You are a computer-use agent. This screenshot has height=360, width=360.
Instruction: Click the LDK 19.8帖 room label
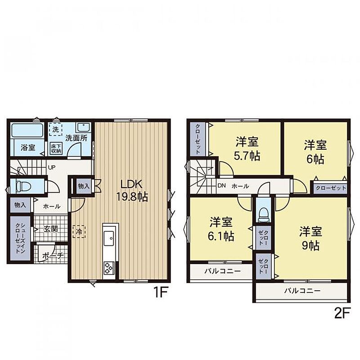point(132,190)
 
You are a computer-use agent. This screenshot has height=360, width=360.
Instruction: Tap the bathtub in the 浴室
point(27,130)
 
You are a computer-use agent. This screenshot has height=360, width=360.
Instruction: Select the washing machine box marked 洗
point(55,129)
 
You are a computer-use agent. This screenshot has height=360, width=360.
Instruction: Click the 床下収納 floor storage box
point(56,148)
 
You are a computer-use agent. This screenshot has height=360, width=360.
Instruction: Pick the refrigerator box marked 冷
point(79,231)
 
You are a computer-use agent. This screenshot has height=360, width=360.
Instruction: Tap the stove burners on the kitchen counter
point(109,268)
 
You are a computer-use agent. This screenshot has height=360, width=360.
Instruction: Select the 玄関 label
point(51,229)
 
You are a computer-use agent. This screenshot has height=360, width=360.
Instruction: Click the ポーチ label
point(53,256)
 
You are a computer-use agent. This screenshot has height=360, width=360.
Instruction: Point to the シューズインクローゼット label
point(20,238)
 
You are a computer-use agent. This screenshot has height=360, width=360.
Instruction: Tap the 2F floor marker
point(342,313)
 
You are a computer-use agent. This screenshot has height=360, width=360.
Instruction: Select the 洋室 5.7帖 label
point(247,149)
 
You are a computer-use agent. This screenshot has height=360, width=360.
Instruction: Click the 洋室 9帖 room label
point(310,238)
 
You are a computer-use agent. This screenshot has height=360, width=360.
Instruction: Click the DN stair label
point(221,185)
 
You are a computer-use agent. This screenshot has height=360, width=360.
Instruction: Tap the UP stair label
point(52,167)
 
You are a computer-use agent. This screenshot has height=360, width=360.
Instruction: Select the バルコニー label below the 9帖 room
point(302,291)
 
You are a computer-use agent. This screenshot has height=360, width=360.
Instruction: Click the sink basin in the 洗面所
point(84,127)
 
